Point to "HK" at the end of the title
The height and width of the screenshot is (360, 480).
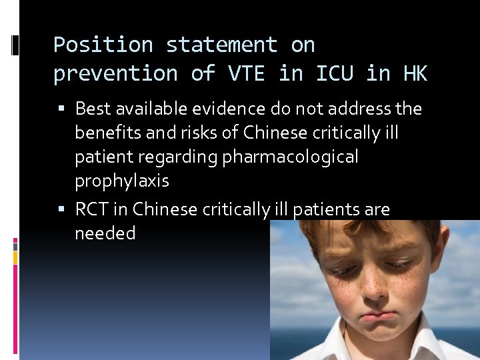click(415, 73)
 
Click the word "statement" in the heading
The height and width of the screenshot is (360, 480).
click(221, 45)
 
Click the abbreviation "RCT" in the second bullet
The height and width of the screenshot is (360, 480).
click(92, 209)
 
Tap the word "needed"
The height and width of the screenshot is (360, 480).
click(105, 233)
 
